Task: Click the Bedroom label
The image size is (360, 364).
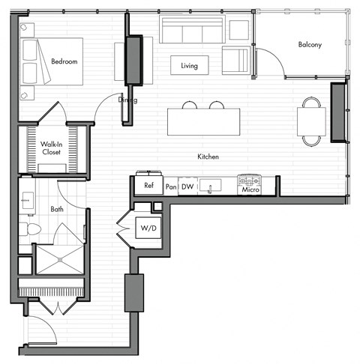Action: [64, 61]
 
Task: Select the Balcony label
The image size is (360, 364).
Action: [310, 45]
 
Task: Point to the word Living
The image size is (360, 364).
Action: [189, 66]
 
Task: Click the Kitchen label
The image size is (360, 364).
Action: [208, 157]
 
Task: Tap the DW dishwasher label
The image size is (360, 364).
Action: [187, 186]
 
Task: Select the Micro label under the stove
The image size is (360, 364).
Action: [250, 190]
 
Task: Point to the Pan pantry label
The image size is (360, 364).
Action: [171, 186]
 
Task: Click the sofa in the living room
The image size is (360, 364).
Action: [192, 31]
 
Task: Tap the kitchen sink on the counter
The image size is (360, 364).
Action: [210, 183]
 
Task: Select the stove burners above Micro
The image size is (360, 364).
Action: [249, 180]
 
